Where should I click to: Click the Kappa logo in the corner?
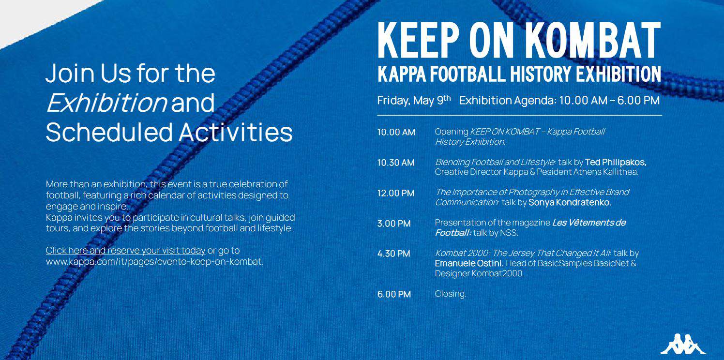pyautogui.click(x=683, y=344)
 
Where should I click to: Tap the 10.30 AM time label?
pyautogui.click(x=396, y=163)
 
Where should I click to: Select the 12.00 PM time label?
pyautogui.click(x=395, y=193)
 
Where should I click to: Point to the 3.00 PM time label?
pyautogui.click(x=393, y=223)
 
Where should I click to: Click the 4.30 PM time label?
pyautogui.click(x=393, y=254)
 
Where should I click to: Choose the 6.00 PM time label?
pyautogui.click(x=394, y=294)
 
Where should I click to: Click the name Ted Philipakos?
pyautogui.click(x=616, y=162)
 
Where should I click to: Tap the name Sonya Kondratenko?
pyautogui.click(x=570, y=203)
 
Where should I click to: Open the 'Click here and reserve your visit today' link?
pyautogui.click(x=125, y=251)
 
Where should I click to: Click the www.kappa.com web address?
pyautogui.click(x=154, y=261)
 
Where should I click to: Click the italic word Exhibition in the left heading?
pyautogui.click(x=106, y=103)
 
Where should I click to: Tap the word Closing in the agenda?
pyautogui.click(x=451, y=294)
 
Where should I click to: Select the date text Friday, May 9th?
pyautogui.click(x=414, y=100)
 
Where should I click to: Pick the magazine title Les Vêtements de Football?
pyautogui.click(x=530, y=227)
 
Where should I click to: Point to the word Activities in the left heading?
pyautogui.click(x=235, y=132)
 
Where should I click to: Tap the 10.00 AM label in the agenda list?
pyautogui.click(x=396, y=132)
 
